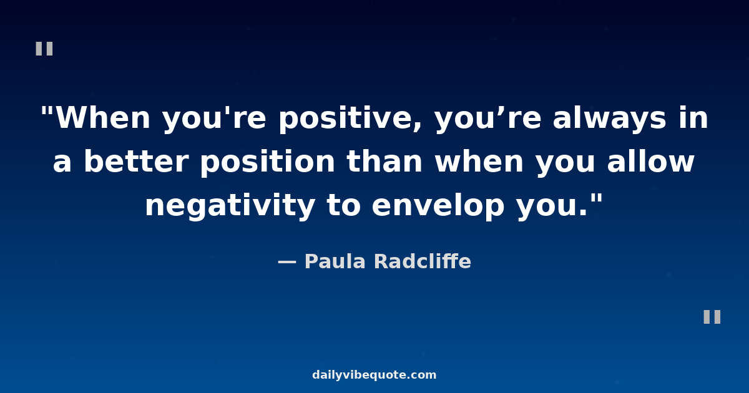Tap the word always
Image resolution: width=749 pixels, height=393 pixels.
click(609, 119)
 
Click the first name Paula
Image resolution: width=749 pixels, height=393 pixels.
click(336, 262)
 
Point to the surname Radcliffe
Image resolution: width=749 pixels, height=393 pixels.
click(423, 262)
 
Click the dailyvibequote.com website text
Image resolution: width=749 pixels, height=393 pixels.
click(374, 376)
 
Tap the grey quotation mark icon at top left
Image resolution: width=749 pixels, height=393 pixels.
click(44, 49)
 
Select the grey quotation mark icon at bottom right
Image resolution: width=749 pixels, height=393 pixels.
click(712, 317)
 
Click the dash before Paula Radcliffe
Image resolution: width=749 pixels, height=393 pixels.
click(286, 262)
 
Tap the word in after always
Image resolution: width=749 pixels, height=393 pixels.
click(694, 119)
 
